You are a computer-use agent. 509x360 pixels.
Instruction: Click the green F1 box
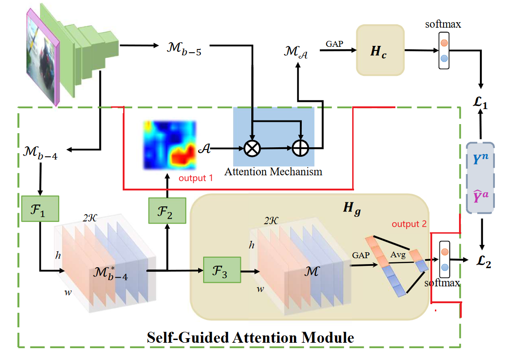pos(40,209)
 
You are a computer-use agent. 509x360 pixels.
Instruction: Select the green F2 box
pos(167,210)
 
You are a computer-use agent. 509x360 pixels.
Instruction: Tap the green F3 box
pos(222,270)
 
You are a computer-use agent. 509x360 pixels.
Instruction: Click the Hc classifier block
pos(380,50)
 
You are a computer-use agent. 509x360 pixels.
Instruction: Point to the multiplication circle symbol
pos(252,149)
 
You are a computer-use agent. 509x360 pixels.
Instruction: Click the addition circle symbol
pos(300,148)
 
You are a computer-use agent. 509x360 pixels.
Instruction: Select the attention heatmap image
pos(170,145)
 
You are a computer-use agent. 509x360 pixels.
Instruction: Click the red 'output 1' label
pos(196,178)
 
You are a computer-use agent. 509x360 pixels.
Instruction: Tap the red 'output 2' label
pos(409,224)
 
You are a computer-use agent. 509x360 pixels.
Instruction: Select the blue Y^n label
pos(480,159)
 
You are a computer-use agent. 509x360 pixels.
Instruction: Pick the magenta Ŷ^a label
pos(480,196)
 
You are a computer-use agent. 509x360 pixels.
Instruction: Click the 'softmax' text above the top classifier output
pos(443,25)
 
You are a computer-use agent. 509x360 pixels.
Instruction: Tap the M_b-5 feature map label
pos(184,49)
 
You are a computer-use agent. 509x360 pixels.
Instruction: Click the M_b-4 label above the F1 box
pos(40,153)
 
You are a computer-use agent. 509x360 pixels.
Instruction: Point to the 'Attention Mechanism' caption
pos(273,171)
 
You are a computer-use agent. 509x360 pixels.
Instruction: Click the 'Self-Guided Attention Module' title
pos(250,337)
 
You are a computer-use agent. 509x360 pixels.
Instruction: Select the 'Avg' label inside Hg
pos(398,255)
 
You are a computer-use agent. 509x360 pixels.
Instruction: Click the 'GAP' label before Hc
pos(334,44)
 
